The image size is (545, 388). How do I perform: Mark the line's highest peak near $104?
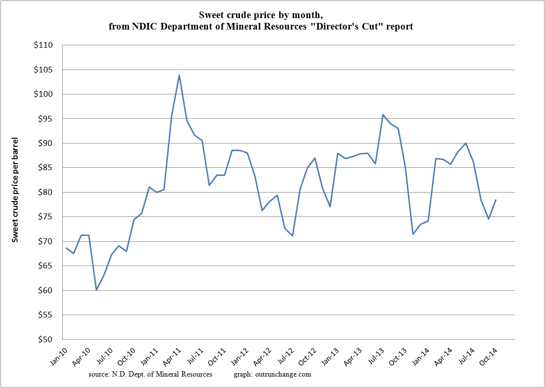click(179, 75)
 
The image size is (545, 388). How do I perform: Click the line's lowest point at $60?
click(97, 290)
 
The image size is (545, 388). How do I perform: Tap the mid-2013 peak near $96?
click(383, 114)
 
